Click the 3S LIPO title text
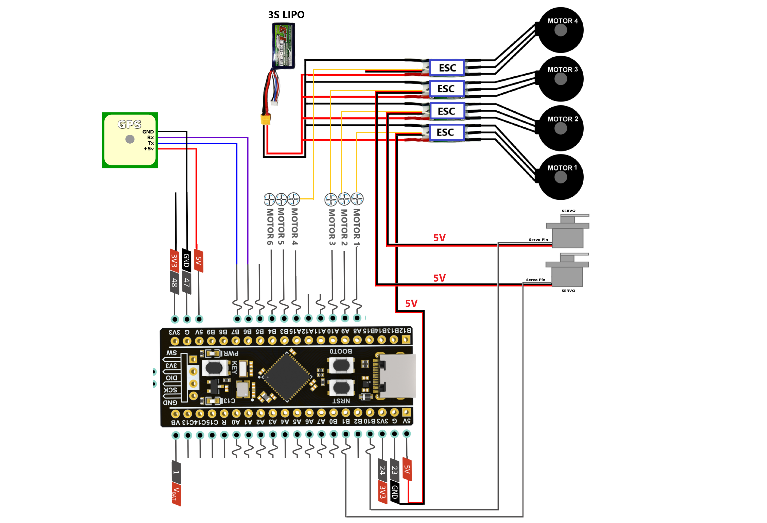[286, 15]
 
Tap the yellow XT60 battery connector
[266, 119]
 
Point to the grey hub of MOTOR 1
[560, 177]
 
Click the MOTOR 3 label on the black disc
[562, 69]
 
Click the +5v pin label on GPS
[149, 149]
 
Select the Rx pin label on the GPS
[150, 137]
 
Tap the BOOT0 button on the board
[341, 365]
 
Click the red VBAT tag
[176, 494]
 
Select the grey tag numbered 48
[174, 282]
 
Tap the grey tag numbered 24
[382, 470]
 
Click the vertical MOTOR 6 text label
[270, 227]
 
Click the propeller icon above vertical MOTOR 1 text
[357, 199]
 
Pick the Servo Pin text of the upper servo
[538, 240]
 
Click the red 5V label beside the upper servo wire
[439, 238]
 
